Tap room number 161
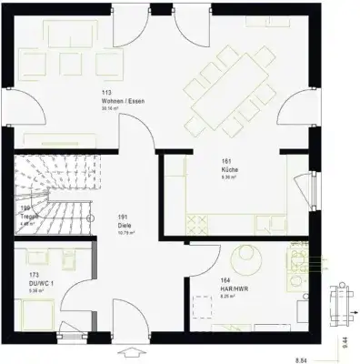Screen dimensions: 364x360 click(x=225, y=161)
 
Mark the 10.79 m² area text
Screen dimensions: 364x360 click(x=126, y=233)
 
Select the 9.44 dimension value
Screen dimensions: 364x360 click(x=346, y=341)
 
